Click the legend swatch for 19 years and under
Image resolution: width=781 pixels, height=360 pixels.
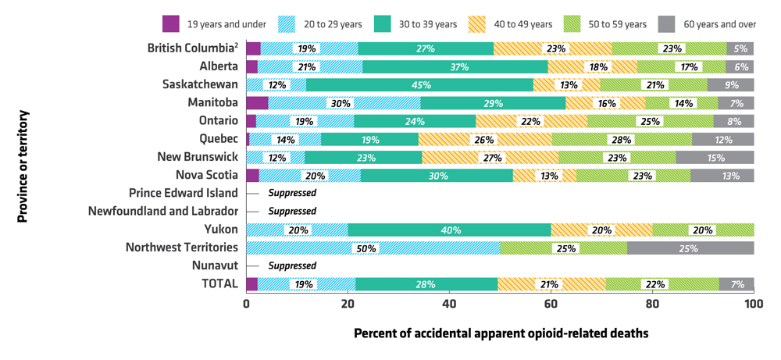coord(172,24)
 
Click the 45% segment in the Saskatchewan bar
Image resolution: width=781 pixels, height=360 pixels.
coord(419,85)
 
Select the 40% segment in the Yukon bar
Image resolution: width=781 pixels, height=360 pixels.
coord(449,230)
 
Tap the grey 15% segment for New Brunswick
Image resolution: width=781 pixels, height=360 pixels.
coord(715,158)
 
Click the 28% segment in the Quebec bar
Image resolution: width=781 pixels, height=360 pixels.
coord(622,140)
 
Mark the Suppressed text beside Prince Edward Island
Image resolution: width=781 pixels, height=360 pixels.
coord(292,193)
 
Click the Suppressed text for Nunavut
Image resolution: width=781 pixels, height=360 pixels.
coord(292,266)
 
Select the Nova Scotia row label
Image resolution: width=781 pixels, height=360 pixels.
coord(206,175)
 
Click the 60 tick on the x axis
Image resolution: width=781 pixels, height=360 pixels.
coord(551,304)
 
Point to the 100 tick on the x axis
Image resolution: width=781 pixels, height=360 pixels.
coord(753,304)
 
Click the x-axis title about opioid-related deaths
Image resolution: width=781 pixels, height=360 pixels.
coord(501,333)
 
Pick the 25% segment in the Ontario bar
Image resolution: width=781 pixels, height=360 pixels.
coord(650,121)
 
